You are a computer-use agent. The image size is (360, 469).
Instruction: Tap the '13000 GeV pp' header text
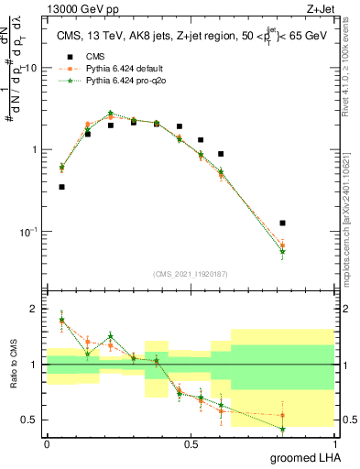click(75, 9)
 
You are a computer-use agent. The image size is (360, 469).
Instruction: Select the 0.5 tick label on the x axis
click(191, 443)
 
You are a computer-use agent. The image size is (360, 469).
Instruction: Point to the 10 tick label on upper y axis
click(31, 69)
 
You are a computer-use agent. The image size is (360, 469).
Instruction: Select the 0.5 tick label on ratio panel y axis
click(31, 420)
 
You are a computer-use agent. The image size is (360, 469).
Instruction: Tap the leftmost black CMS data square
click(61, 187)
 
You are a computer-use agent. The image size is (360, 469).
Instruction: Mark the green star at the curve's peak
click(110, 114)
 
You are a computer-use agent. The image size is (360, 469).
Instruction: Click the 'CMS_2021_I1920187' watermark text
click(190, 274)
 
